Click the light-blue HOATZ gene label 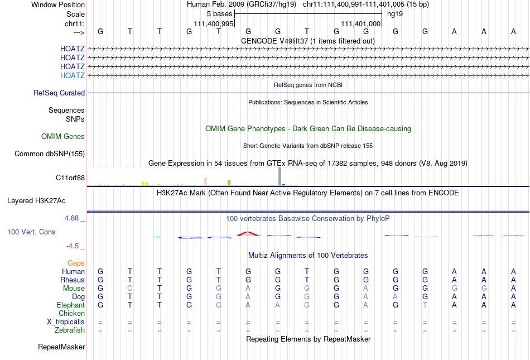73,75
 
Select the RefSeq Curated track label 59,93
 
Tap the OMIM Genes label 63,137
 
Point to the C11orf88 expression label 70,177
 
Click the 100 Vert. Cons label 31,232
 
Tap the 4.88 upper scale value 72,218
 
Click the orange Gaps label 76,263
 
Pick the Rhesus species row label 73,280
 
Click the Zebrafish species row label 70,330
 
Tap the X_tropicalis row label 66,322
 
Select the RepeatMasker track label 61,347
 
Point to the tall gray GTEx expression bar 280,176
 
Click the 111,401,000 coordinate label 361,24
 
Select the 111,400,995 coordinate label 213,24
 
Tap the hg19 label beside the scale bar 395,13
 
